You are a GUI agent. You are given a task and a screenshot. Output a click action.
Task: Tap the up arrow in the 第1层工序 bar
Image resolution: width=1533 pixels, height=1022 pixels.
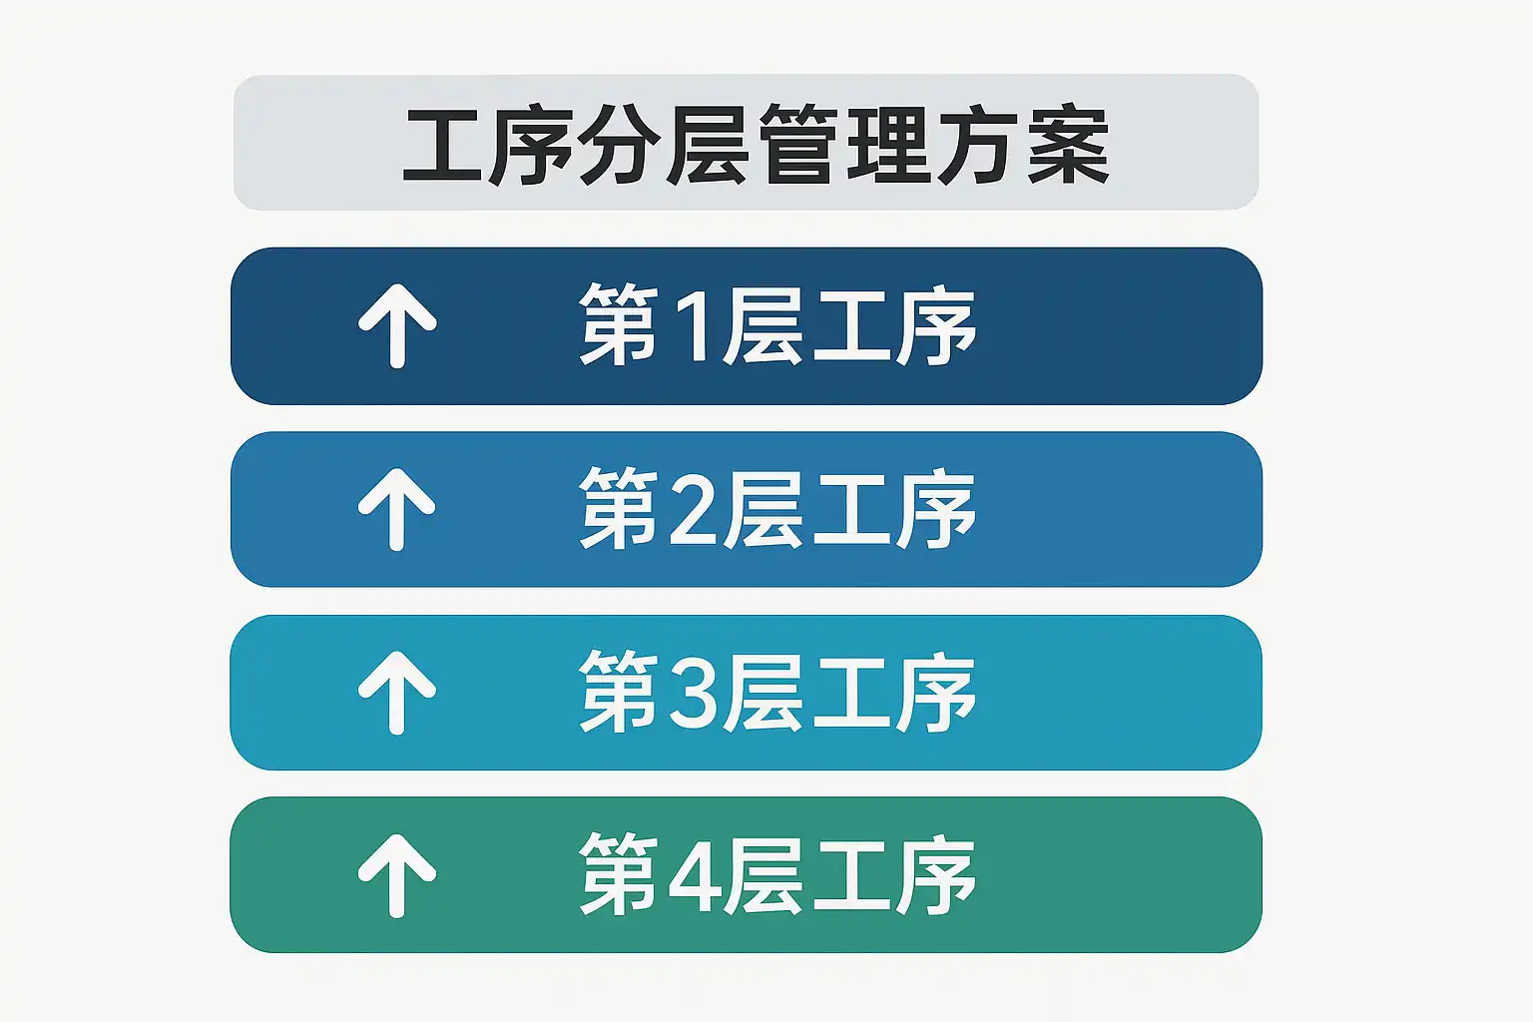click(x=397, y=325)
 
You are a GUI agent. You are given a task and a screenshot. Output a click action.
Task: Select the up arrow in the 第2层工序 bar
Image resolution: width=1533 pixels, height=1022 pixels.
click(x=397, y=509)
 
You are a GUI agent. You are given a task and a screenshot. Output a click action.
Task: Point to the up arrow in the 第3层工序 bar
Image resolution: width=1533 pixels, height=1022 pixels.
click(x=397, y=693)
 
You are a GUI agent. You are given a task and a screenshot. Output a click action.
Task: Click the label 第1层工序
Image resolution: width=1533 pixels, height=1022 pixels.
click(x=777, y=325)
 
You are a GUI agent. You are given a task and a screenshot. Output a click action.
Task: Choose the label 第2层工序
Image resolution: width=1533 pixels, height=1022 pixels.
click(x=777, y=509)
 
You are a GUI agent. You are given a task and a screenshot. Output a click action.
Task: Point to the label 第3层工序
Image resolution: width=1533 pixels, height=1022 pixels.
click(x=777, y=693)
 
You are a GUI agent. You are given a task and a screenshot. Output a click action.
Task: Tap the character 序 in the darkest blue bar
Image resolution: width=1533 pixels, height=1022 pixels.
click(x=935, y=325)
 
